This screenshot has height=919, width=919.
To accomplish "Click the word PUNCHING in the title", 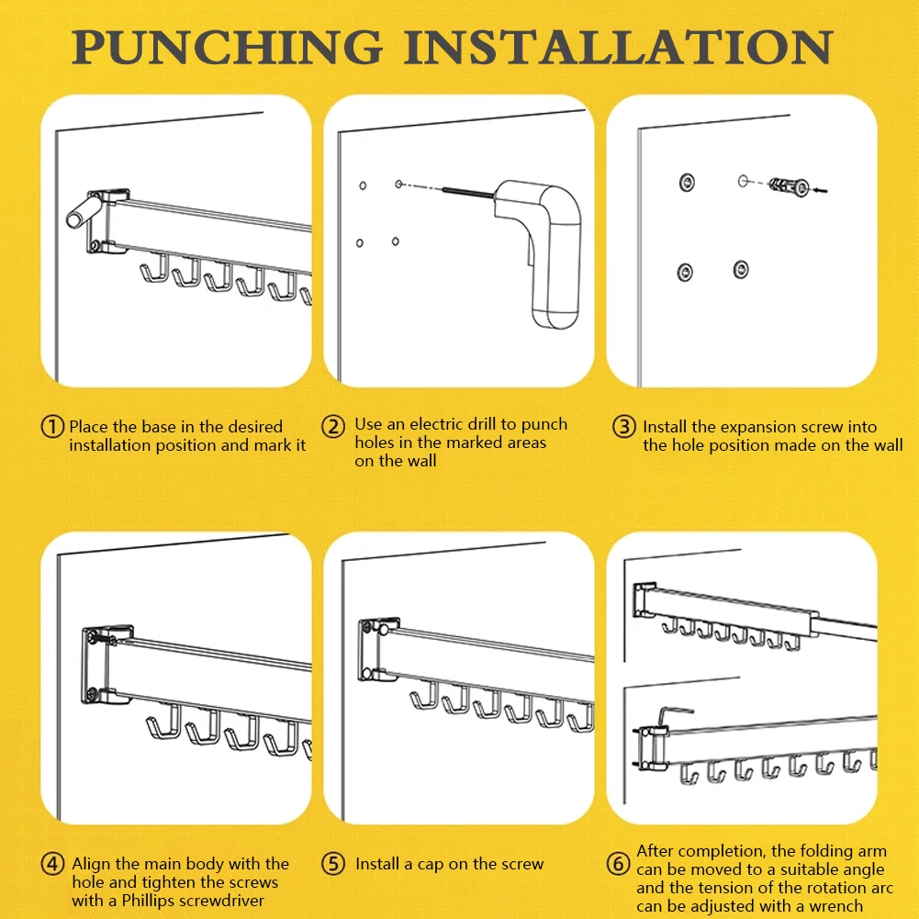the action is point(228,47).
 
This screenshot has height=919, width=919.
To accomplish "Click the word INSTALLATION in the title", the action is point(618,47).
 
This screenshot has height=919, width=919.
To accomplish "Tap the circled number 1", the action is point(52,427).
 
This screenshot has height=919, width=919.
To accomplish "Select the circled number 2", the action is point(333,427).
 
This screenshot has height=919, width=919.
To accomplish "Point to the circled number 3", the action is point(623,427).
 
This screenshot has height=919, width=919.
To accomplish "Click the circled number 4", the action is point(52,864).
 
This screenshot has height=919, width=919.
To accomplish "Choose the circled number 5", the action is point(333,864).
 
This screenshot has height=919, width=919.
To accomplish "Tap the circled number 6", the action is point(618,864).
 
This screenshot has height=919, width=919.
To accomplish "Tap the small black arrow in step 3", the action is point(820,190).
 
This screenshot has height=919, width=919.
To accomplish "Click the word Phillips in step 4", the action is point(149,901).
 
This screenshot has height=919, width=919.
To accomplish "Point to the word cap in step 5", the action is point(431,865).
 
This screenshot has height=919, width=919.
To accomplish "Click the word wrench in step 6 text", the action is point(835,906).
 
